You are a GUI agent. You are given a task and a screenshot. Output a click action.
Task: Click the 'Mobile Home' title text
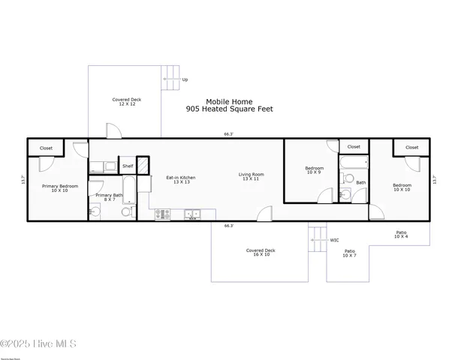tap(229, 101)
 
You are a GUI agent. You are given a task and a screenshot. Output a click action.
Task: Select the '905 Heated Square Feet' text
tap(229, 109)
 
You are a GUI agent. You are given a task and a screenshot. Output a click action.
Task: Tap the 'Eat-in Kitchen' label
tap(181, 177)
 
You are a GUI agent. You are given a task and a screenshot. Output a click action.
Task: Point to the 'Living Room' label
tap(251, 175)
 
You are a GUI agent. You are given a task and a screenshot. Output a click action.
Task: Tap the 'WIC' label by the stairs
tap(334, 240)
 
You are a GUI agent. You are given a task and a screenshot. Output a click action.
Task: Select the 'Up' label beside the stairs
tap(185, 79)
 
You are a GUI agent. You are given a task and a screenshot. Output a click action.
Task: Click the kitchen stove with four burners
tap(163, 214)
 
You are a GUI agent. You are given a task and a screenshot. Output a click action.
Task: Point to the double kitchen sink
tap(192, 214)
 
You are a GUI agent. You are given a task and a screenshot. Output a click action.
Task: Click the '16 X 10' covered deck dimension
tap(261, 255)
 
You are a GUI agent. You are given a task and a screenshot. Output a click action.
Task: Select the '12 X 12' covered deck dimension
tap(126, 104)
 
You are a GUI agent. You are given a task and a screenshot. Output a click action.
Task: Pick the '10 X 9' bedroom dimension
tap(314, 172)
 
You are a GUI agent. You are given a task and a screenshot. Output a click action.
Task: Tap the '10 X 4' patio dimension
tap(402, 237)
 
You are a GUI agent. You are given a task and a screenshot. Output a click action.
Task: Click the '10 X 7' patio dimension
tap(349, 256)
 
